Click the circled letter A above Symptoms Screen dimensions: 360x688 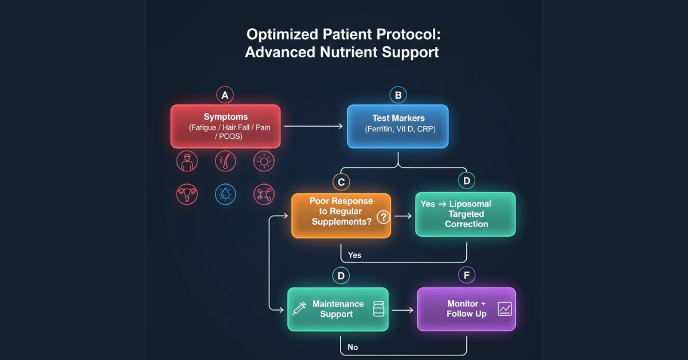[225, 95]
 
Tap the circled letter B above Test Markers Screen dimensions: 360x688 [398, 95]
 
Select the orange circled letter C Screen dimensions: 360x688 [341, 182]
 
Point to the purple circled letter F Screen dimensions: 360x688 [467, 276]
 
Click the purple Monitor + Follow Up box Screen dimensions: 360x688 [466, 309]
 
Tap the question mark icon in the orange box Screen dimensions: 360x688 [383, 217]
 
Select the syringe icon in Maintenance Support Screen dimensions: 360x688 [299, 309]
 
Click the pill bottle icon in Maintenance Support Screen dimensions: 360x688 [378, 309]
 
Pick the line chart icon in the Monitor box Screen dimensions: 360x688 [505, 309]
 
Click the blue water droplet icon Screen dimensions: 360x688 [225, 194]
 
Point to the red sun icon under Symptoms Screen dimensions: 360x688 [264, 162]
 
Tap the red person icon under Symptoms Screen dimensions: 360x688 [186, 162]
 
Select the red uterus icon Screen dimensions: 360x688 [186, 194]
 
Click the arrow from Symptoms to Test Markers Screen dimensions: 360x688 [313, 126]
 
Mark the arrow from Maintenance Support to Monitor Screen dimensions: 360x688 [402, 310]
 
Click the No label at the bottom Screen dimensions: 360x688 [353, 347]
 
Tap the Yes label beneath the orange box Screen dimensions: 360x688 [355, 255]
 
